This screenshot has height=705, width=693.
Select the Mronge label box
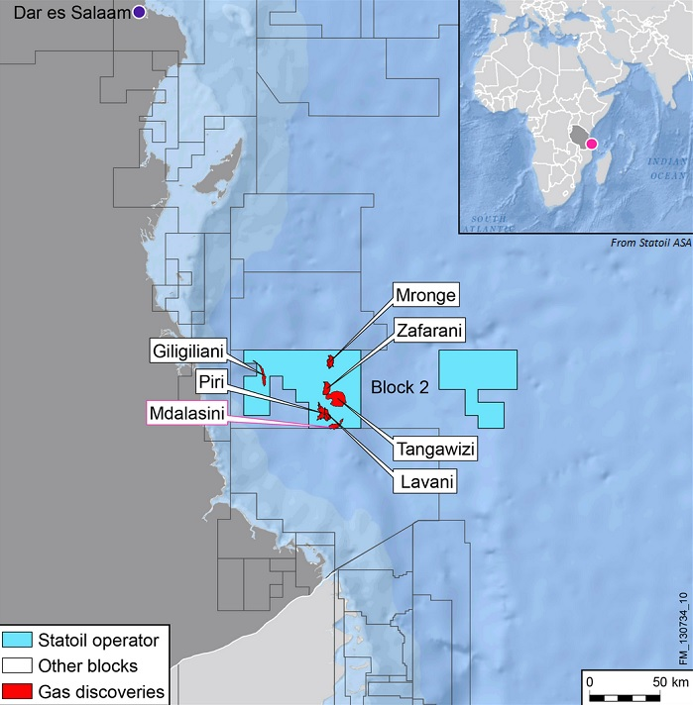(x=426, y=295)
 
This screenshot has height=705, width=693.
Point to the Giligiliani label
(x=188, y=351)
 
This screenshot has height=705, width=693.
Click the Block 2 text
(x=399, y=389)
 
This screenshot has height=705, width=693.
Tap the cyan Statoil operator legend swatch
(x=17, y=638)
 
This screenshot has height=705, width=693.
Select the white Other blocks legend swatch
(x=17, y=665)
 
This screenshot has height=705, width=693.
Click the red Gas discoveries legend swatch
(x=17, y=692)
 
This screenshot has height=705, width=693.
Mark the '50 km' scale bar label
(x=666, y=683)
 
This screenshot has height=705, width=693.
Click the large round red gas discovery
(x=338, y=398)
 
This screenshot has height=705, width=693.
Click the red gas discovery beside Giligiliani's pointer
(x=261, y=374)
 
